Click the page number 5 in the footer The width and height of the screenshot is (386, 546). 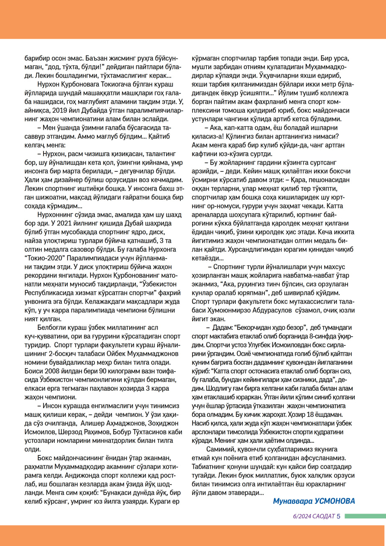339,516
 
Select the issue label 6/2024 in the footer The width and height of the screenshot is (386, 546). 301,516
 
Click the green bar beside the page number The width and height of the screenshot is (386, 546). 365,516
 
